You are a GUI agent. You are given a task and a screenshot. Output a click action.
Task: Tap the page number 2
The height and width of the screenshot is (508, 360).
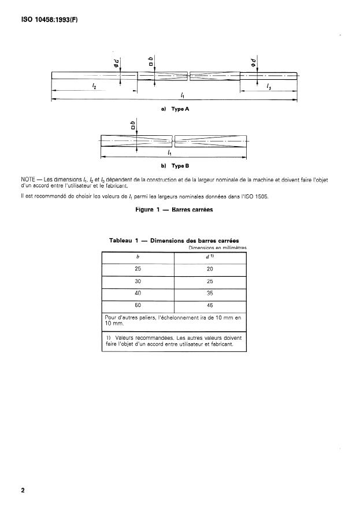tap(23, 491)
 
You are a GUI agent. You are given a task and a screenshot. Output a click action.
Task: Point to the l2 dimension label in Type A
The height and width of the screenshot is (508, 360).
tap(94, 86)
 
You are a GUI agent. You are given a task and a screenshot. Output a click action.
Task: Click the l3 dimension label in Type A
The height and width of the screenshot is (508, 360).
tap(269, 86)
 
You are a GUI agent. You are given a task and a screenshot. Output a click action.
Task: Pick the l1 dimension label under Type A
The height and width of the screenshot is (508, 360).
tap(182, 94)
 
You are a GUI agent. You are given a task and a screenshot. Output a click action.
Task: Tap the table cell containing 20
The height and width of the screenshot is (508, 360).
tap(210, 269)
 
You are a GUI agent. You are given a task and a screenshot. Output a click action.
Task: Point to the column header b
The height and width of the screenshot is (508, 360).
tap(138, 257)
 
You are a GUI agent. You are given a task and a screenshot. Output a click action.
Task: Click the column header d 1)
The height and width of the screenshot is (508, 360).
tap(210, 257)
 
